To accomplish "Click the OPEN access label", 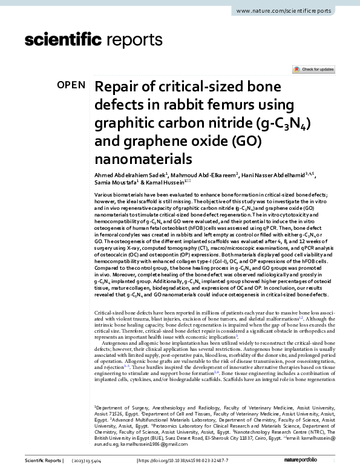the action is click(x=71, y=85).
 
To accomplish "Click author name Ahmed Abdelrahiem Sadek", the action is click(x=129, y=174).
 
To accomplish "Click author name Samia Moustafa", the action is click(x=116, y=182).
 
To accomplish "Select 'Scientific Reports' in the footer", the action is click(x=42, y=462).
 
